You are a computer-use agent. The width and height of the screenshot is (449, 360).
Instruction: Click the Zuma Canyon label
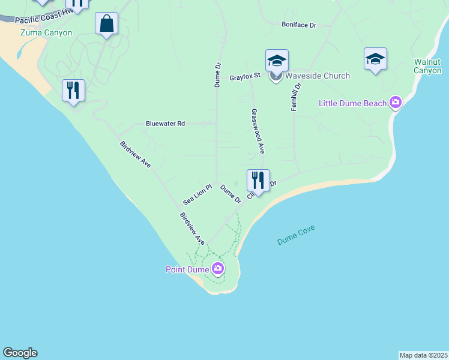click(46, 33)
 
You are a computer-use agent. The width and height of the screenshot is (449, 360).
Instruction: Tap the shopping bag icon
click(106, 24)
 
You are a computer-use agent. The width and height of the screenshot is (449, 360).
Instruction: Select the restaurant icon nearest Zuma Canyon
click(73, 91)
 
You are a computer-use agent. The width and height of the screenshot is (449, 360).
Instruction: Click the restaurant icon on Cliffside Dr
click(258, 181)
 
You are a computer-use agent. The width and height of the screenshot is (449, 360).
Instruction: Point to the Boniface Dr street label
click(298, 25)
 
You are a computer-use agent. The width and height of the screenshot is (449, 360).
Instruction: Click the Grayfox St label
click(244, 77)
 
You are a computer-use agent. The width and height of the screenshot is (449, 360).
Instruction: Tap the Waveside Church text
click(317, 76)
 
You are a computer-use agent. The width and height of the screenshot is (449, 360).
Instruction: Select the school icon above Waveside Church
click(277, 61)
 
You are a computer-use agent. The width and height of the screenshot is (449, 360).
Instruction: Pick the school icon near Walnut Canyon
click(375, 59)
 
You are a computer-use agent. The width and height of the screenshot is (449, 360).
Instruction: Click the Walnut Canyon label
click(427, 66)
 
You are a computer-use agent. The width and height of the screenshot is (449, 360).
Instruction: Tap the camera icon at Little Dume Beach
click(395, 103)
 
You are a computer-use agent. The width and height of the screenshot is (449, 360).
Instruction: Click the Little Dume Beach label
click(352, 103)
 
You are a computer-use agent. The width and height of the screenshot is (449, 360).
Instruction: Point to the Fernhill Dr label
click(296, 95)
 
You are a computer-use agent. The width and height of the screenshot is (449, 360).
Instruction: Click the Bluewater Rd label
click(165, 123)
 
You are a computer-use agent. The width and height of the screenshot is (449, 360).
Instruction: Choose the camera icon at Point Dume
click(217, 269)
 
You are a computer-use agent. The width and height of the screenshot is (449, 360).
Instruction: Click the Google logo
click(20, 353)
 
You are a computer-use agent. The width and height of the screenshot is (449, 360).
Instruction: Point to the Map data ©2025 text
click(423, 355)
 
